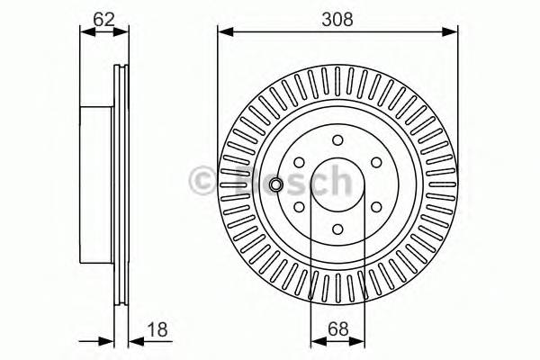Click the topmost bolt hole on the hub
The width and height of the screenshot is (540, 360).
(x=337, y=139)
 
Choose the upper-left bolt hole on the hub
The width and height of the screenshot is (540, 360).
(x=300, y=161)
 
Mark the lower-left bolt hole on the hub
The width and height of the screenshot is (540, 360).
(x=300, y=205)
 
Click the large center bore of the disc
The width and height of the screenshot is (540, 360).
(x=337, y=184)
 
